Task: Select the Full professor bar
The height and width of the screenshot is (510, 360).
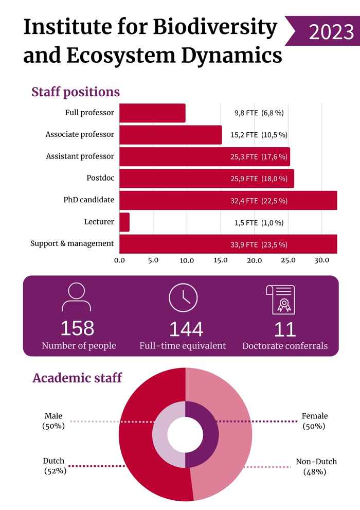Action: pyautogui.click(x=152, y=113)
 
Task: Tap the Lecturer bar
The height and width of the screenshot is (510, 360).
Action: pyautogui.click(x=124, y=222)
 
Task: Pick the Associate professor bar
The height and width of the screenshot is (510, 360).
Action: pyautogui.click(x=170, y=135)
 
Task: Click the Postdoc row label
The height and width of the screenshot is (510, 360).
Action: pyautogui.click(x=100, y=178)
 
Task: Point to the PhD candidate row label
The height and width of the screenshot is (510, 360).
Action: pyautogui.click(x=88, y=200)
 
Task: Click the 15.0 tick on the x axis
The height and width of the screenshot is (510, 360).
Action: pyautogui.click(x=221, y=260)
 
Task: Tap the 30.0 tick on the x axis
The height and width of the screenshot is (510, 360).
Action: pyautogui.click(x=322, y=260)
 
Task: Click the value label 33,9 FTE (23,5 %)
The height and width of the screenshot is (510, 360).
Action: pyautogui.click(x=259, y=244)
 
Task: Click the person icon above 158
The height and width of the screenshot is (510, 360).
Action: pyautogui.click(x=76, y=297)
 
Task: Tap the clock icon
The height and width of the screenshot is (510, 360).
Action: pyautogui.click(x=183, y=297)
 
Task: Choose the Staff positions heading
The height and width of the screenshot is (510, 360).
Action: pyautogui.click(x=76, y=92)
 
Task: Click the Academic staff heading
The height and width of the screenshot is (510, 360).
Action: pyautogui.click(x=77, y=378)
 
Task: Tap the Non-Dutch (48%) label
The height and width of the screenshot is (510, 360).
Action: pyautogui.click(x=316, y=466)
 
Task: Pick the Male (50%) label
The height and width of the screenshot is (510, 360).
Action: pyautogui.click(x=53, y=421)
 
